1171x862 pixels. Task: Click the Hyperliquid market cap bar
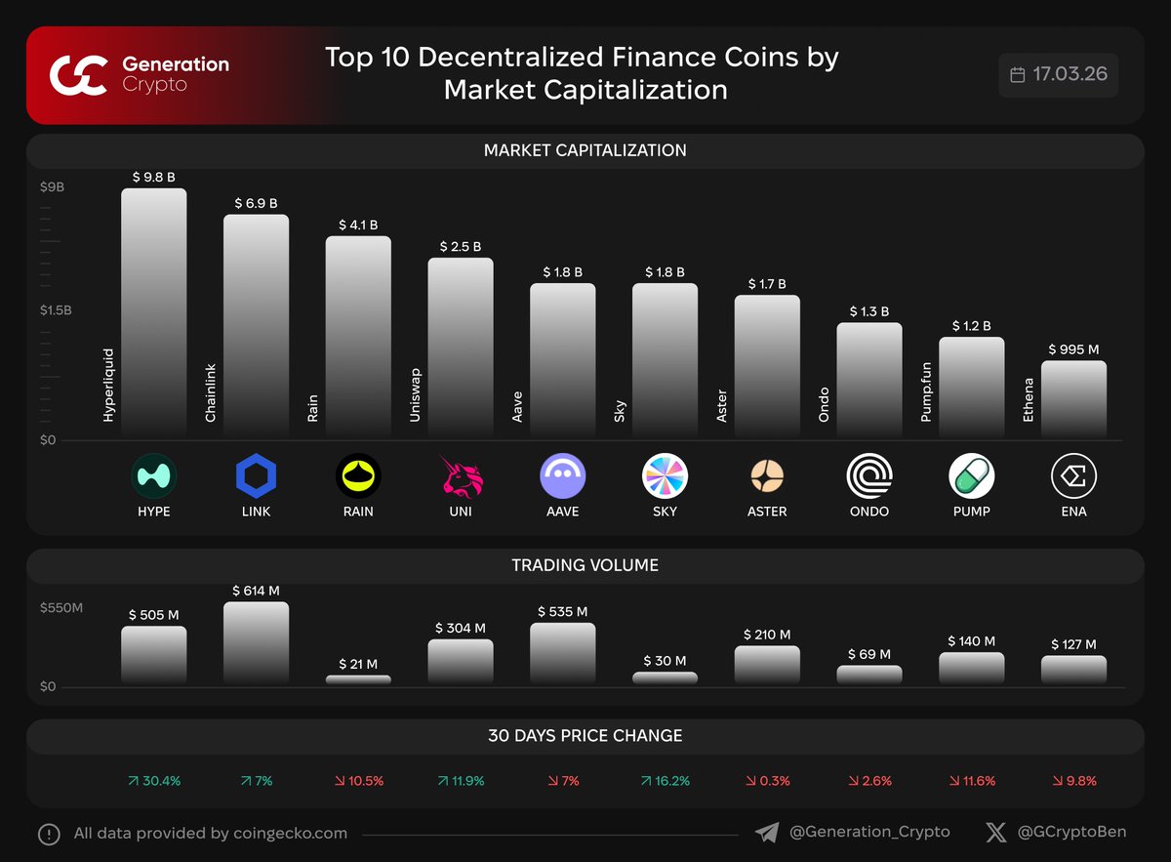tap(153, 312)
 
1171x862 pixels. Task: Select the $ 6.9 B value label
tap(256, 203)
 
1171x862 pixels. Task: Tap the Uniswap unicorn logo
tap(460, 476)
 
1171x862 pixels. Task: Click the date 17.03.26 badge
tap(1059, 75)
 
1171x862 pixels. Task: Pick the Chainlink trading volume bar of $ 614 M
tap(256, 642)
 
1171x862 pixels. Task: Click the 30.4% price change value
tap(153, 781)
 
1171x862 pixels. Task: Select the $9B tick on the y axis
tap(52, 186)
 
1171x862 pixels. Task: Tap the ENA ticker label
tap(1073, 512)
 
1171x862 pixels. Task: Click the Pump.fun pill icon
tap(971, 476)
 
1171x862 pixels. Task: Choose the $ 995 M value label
tap(1073, 349)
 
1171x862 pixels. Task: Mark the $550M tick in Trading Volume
tap(61, 608)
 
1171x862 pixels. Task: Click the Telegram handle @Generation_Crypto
tap(868, 833)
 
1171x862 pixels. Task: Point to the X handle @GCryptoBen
tap(1071, 833)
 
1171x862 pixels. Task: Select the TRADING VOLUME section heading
tap(585, 565)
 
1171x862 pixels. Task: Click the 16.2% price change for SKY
tap(665, 781)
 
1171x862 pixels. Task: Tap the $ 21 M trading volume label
tap(357, 664)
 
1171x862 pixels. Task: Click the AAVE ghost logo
tap(562, 476)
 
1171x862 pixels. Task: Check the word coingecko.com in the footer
tap(291, 834)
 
